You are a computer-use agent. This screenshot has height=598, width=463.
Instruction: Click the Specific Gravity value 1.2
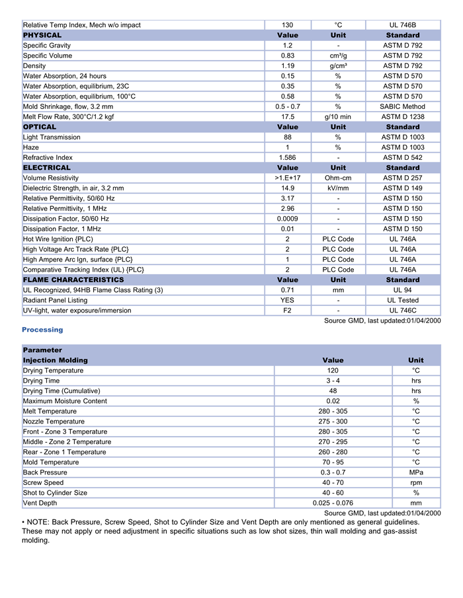(288, 46)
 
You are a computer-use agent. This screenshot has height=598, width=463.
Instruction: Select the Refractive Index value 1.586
(288, 158)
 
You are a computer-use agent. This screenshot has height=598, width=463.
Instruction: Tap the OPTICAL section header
(40, 127)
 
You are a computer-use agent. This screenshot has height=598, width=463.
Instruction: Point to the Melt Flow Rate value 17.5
(288, 117)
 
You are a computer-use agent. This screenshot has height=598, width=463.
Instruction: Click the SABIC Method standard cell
(402, 106)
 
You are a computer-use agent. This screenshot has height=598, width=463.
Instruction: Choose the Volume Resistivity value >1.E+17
(288, 178)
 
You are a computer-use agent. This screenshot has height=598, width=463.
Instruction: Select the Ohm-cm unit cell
(338, 178)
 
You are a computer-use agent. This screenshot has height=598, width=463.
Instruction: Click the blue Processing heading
(42, 330)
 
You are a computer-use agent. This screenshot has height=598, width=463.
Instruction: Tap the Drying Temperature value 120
(333, 371)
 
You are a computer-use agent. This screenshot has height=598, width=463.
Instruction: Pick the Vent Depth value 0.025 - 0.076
(333, 503)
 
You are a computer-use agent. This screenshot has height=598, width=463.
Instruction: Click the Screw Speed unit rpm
(416, 482)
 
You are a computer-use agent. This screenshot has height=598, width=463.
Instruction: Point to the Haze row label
(31, 147)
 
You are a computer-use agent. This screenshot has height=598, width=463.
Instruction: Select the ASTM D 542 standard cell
(402, 158)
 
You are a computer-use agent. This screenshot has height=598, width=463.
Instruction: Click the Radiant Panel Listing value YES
(288, 300)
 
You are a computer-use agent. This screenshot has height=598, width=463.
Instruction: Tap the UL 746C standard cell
(402, 311)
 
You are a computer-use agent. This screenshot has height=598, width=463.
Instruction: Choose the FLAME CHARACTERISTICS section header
(73, 280)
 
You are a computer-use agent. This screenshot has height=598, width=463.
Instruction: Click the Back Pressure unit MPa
(416, 472)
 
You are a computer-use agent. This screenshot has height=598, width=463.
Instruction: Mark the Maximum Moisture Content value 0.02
(333, 401)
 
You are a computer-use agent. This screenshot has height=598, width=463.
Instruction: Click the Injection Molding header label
(55, 360)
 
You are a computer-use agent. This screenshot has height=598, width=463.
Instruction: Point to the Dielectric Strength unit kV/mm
(338, 188)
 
